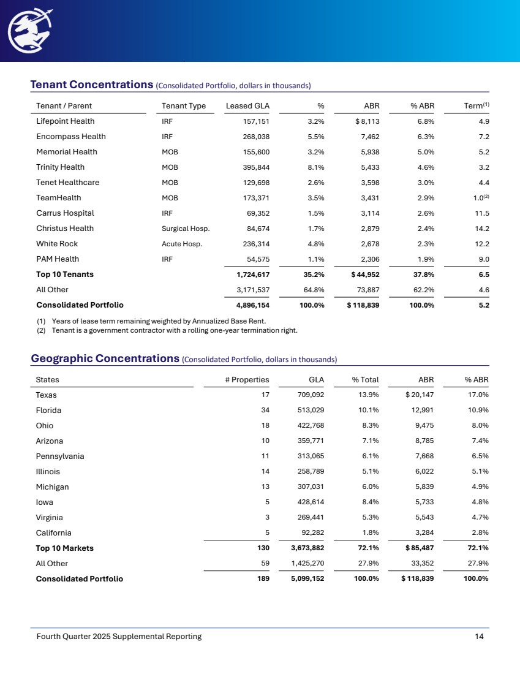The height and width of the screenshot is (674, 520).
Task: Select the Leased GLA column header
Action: click(x=247, y=106)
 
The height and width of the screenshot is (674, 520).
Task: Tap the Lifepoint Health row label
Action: click(x=66, y=121)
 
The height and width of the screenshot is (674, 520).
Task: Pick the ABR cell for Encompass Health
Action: click(x=367, y=137)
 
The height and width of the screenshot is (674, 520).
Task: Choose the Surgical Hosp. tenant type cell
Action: click(x=186, y=229)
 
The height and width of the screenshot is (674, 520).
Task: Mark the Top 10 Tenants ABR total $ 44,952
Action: click(x=363, y=275)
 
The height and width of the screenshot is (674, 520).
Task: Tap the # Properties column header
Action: click(x=247, y=380)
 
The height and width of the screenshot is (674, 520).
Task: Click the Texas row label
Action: click(x=47, y=395)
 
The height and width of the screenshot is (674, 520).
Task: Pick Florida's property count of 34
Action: click(x=265, y=411)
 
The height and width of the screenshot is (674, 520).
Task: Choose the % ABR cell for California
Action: click(x=478, y=533)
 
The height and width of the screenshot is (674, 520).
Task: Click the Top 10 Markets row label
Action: click(x=65, y=548)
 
